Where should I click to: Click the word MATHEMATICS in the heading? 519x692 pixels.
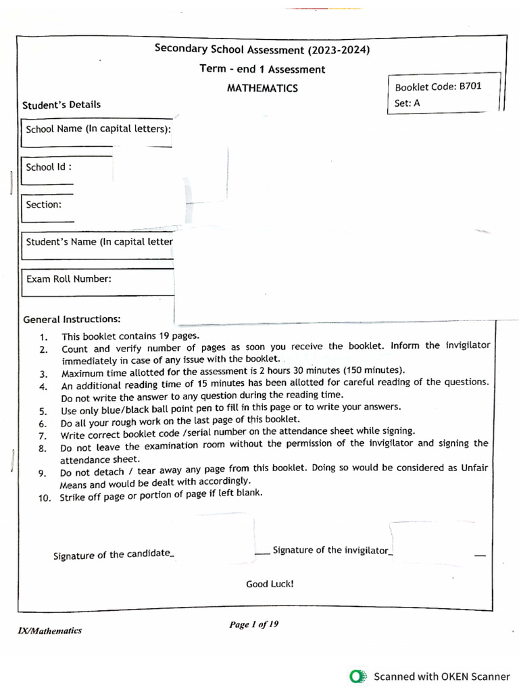[x=262, y=89]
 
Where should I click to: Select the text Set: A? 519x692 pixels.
[x=407, y=103]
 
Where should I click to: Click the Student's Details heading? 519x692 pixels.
[x=61, y=105]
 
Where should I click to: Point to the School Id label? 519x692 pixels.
[x=49, y=167]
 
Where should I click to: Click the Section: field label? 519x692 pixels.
[x=43, y=204]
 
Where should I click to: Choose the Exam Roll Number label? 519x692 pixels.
[x=68, y=278]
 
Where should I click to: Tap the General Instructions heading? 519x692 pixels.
[x=72, y=319]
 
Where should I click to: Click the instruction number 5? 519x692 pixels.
[x=43, y=411]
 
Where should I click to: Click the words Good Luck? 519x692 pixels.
[x=270, y=584]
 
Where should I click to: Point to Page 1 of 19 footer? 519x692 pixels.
[x=253, y=624]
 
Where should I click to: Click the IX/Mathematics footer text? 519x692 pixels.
[x=49, y=631]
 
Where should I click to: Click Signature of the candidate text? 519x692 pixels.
[x=112, y=555]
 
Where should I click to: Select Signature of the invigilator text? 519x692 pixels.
[x=331, y=550]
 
